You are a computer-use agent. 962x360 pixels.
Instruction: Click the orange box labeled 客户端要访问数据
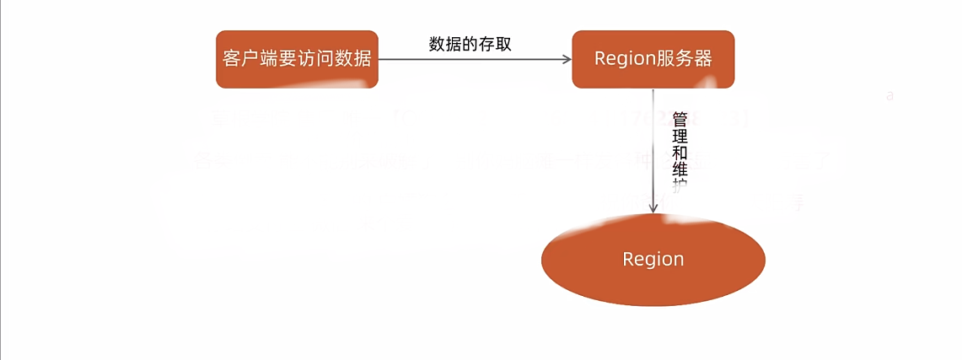coord(297,59)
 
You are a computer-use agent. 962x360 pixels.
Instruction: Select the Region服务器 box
coord(653,59)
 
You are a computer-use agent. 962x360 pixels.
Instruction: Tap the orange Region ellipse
coord(653,259)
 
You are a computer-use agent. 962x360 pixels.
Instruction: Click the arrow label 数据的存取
coord(470,45)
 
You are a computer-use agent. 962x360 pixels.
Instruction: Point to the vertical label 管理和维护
coord(680,153)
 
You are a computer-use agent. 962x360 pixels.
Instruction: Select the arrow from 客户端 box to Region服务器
coord(472,59)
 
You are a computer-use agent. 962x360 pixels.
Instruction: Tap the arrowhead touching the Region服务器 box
coord(567,59)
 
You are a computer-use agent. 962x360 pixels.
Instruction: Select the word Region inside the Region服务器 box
coord(625,59)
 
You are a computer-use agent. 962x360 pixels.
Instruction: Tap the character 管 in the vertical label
coord(680,121)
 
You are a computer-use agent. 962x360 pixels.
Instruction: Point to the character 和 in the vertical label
coord(680,153)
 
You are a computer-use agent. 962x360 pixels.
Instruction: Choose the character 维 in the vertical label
coord(680,170)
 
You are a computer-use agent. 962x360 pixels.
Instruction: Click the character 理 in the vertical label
coord(680,137)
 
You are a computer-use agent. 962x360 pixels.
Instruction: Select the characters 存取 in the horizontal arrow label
coord(495,45)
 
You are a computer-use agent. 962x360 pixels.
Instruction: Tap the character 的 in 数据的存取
coord(470,45)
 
